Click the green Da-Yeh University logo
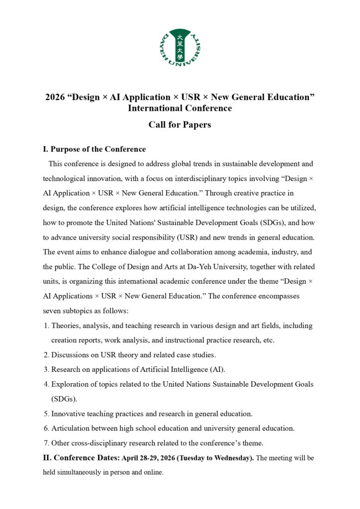click(180, 48)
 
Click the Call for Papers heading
click(180, 125)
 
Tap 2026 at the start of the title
click(55, 97)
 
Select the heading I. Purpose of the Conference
click(94, 149)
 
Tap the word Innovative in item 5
click(69, 414)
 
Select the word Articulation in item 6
click(72, 428)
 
